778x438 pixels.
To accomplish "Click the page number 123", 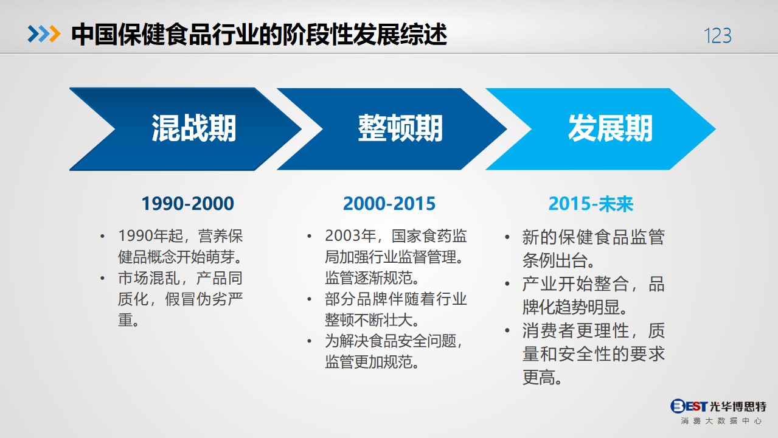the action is click(x=718, y=36).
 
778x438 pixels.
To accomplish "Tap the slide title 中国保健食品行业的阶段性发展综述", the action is click(x=259, y=35).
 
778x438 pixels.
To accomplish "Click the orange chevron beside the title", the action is click(x=55, y=34).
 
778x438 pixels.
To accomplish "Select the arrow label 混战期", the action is click(x=194, y=128).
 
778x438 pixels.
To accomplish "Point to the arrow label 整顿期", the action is click(x=400, y=128).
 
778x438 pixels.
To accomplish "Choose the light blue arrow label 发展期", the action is click(x=610, y=128).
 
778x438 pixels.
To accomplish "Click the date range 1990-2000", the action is click(x=187, y=204).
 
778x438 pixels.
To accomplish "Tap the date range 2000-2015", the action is click(x=389, y=204).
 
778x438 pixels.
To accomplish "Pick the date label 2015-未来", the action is click(x=591, y=204).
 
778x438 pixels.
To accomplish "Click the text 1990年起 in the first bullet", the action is click(x=150, y=236).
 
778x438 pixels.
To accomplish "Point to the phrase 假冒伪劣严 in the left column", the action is click(x=204, y=299).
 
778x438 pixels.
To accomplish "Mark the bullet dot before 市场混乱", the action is click(x=102, y=278).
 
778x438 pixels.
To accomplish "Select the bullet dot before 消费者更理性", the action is click(x=507, y=330).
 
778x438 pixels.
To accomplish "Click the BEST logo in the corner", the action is click(x=718, y=406).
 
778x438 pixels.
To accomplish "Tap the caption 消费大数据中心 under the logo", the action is click(x=721, y=421).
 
